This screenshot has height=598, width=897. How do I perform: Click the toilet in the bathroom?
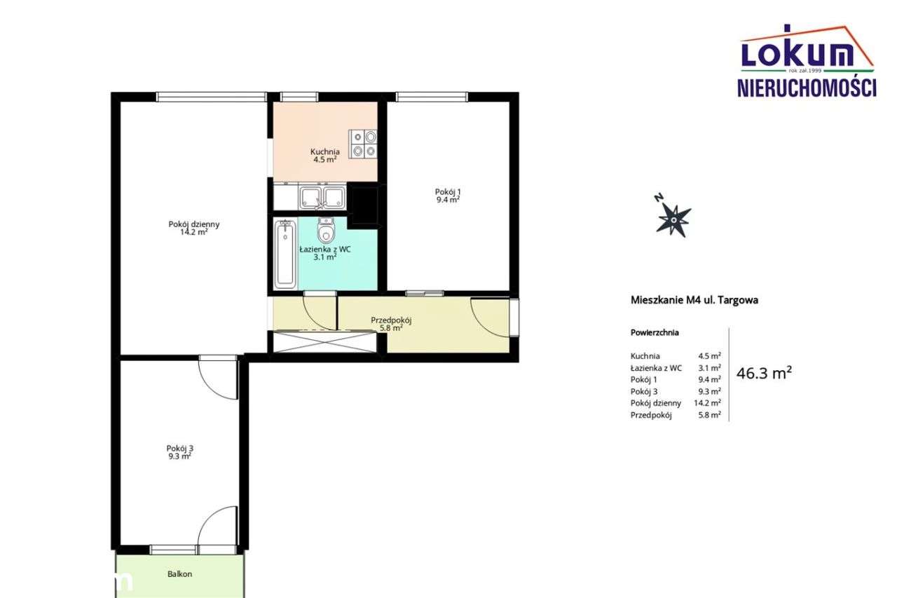(326, 231)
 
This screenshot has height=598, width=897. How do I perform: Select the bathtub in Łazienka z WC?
(285, 254)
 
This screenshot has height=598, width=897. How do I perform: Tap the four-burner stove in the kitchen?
(362, 144)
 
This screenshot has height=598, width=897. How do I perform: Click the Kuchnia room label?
(324, 151)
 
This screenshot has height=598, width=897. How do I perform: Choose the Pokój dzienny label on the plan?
(194, 224)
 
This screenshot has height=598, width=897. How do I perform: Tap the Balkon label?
(180, 574)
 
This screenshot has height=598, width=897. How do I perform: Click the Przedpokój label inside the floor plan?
(391, 320)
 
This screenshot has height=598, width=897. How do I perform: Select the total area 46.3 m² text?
(764, 373)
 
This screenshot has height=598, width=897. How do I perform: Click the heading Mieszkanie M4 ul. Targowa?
(694, 300)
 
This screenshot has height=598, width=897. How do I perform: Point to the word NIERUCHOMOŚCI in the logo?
(807, 88)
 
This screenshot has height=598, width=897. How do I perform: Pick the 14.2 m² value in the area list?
(708, 403)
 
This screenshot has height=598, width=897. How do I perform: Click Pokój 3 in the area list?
(644, 391)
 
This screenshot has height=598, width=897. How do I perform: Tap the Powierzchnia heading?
(655, 332)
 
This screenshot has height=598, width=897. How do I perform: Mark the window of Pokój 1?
(432, 97)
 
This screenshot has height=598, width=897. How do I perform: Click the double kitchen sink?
(322, 197)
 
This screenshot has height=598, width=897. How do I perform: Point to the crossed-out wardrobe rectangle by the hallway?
(324, 341)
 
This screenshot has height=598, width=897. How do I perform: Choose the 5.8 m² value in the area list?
(710, 415)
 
